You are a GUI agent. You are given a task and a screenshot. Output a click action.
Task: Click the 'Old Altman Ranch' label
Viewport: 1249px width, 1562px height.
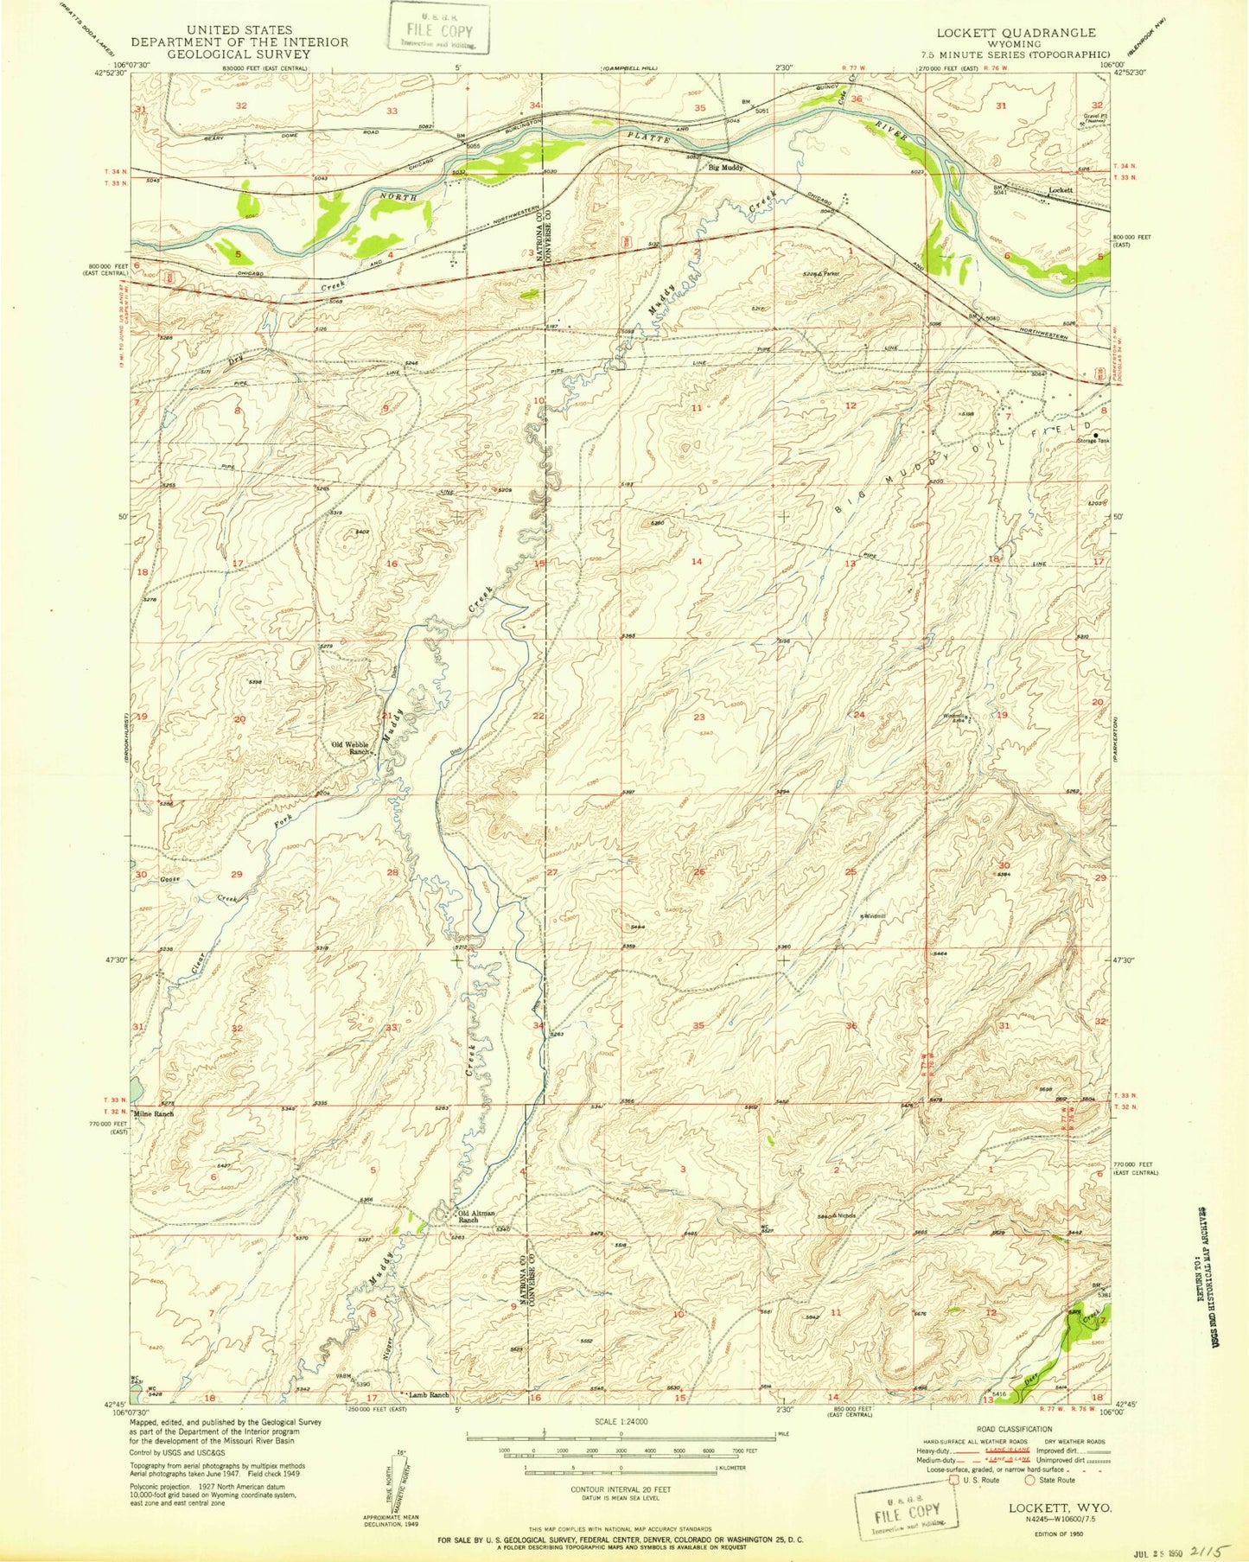475,1215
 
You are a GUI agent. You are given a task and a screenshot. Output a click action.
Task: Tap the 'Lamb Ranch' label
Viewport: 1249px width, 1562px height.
428,1419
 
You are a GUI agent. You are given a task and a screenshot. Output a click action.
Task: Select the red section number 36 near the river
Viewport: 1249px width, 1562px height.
857,99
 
